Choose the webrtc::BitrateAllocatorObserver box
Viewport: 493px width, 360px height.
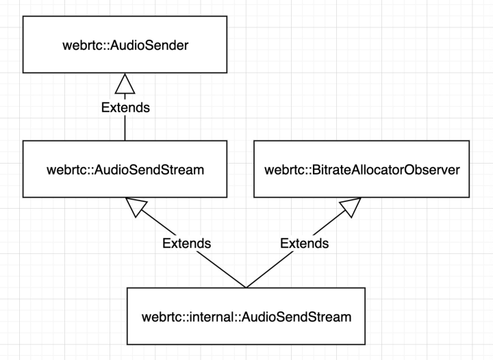[362, 168]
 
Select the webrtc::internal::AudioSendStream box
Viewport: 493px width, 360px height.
[246, 316]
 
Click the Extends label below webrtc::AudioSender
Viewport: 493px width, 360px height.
[125, 107]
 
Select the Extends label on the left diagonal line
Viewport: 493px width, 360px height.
[186, 242]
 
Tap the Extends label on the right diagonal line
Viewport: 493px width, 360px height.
[305, 242]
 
